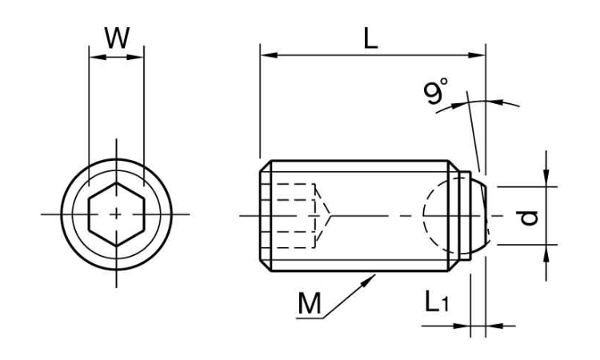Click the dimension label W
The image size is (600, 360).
coord(117,38)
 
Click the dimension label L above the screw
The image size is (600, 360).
coord(370,39)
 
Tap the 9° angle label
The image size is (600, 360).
coord(435,91)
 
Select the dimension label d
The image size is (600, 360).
coord(528,218)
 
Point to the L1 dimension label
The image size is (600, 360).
coord(436,301)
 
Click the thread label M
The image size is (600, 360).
coord(309,303)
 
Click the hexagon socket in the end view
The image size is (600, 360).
coord(116,214)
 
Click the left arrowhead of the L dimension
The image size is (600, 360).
coord(269,56)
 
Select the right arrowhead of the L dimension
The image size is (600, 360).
coord(477,56)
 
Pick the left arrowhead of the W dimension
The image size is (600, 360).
coord(97,58)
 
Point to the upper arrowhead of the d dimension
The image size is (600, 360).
coord(546,178)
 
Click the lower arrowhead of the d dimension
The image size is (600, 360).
coord(546,253)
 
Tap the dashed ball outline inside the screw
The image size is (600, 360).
coord(423,215)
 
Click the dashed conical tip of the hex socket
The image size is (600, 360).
coord(322,215)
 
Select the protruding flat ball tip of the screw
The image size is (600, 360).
coord(479,216)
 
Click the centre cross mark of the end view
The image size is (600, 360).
coord(116,214)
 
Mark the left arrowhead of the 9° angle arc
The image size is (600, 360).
coord(458,104)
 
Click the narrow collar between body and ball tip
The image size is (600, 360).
coord(465,216)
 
